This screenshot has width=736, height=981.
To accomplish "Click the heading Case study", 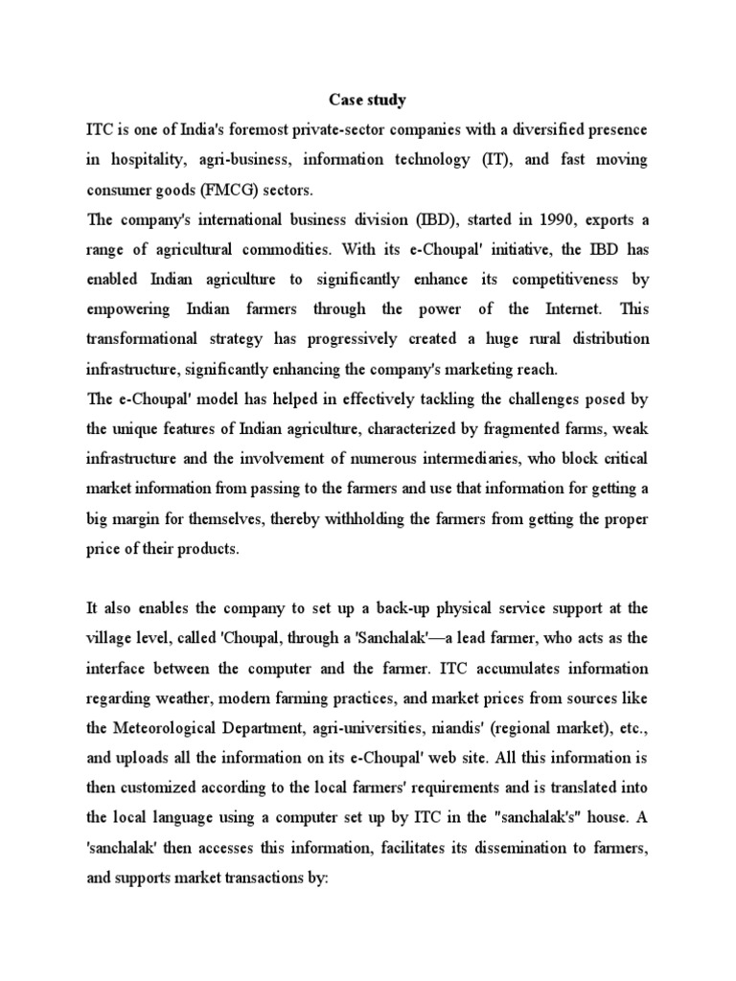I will click(368, 99).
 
